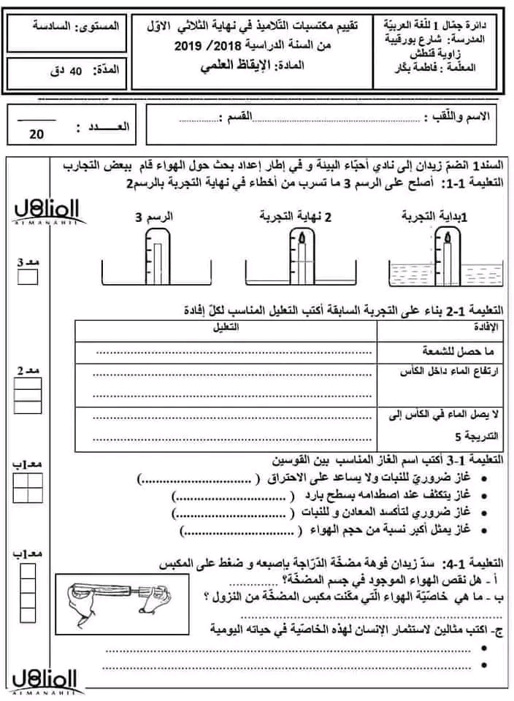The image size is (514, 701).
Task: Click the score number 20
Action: point(37,134)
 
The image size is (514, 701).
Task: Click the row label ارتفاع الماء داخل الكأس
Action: point(453,374)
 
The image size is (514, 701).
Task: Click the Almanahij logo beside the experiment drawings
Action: point(40,209)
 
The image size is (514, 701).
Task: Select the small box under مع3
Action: point(27,277)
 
